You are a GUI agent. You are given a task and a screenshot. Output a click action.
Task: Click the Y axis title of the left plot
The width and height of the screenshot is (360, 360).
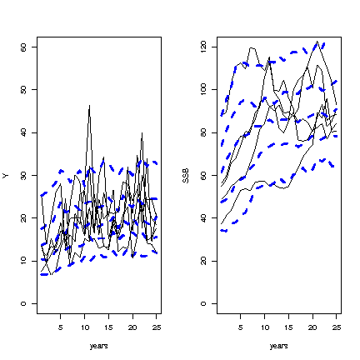tap(6, 176)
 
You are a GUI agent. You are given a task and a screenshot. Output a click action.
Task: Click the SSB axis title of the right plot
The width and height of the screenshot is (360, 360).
tap(186, 176)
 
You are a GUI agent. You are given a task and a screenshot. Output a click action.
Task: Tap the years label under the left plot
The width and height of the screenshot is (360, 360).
tap(99, 346)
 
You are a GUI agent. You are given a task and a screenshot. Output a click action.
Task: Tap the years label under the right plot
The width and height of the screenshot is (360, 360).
tap(279, 346)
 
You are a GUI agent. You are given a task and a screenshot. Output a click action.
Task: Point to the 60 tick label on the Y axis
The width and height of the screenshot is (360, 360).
tap(23, 47)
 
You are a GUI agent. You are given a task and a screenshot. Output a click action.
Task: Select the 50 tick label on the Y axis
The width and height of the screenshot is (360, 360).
tap(23, 90)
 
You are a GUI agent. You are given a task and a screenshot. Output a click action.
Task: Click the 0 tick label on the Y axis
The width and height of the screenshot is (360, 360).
tap(23, 303)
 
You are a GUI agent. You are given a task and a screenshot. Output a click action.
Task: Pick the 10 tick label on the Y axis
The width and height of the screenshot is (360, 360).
tap(23, 261)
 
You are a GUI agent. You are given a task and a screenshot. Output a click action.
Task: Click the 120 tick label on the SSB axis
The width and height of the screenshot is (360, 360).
tap(203, 47)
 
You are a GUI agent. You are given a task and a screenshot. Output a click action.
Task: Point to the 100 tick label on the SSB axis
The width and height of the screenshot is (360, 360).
tap(203, 90)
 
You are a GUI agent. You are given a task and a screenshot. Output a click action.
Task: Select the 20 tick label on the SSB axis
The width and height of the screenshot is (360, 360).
tap(203, 261)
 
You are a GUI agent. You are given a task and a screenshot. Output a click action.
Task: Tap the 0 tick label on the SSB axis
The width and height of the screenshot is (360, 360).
tap(203, 303)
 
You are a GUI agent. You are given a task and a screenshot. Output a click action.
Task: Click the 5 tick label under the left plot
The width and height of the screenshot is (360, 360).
tap(61, 327)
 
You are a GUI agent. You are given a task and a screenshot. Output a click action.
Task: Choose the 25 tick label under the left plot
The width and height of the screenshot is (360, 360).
tap(157, 327)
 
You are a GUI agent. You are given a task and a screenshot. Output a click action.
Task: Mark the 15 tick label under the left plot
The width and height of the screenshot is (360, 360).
tap(108, 327)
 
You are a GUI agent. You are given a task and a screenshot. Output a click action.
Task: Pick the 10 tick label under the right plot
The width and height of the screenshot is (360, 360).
tap(265, 327)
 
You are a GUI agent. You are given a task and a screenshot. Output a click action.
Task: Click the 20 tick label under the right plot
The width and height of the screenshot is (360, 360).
tap(312, 327)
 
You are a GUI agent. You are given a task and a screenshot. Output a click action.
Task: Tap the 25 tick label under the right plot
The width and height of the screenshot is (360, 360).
tap(337, 327)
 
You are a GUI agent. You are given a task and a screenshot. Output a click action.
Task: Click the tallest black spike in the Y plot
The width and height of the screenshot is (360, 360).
tap(89, 105)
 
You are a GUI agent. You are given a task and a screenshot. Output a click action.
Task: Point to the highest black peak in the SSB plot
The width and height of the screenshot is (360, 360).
tap(317, 42)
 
